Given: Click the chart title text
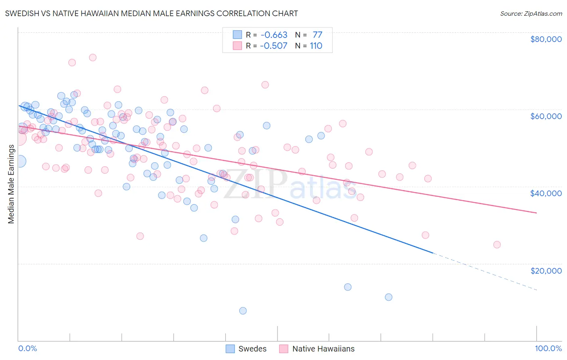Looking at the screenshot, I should pyautogui.click(x=151, y=13).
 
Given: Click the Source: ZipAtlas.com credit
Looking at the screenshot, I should pyautogui.click(x=531, y=13).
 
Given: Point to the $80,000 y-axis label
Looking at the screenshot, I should pyautogui.click(x=546, y=39).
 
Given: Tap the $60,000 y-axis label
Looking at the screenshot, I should pyautogui.click(x=546, y=116).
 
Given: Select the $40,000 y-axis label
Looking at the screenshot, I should pyautogui.click(x=546, y=193).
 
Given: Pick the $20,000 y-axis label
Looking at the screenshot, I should pyautogui.click(x=546, y=270).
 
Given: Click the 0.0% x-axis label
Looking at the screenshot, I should pyautogui.click(x=27, y=348).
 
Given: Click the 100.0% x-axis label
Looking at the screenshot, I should pyautogui.click(x=548, y=348).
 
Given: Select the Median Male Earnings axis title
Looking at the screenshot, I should pyautogui.click(x=11, y=184).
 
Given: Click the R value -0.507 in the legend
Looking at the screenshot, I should pyautogui.click(x=273, y=46).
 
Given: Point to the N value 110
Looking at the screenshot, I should pyautogui.click(x=316, y=46).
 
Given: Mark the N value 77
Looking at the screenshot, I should pyautogui.click(x=317, y=35).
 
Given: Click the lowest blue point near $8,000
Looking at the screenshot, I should pyautogui.click(x=243, y=311).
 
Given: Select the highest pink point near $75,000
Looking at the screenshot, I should pyautogui.click(x=93, y=57).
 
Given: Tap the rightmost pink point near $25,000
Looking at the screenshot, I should pyautogui.click(x=497, y=245).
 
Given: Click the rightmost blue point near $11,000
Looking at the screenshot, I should pyautogui.click(x=389, y=297).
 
